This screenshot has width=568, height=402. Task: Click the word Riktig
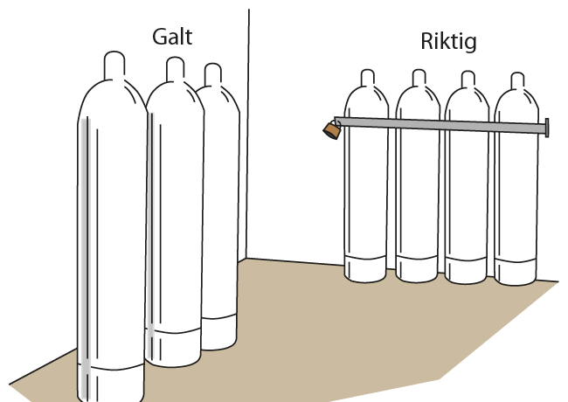click(x=448, y=43)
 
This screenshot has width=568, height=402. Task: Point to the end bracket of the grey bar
click(x=547, y=128)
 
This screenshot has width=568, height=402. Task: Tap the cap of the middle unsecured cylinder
click(x=174, y=70)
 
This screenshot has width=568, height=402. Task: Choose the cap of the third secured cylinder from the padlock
click(x=467, y=79)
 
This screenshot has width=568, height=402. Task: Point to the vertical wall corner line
click(x=248, y=131)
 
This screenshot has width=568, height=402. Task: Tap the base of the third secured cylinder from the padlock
click(x=468, y=271)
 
